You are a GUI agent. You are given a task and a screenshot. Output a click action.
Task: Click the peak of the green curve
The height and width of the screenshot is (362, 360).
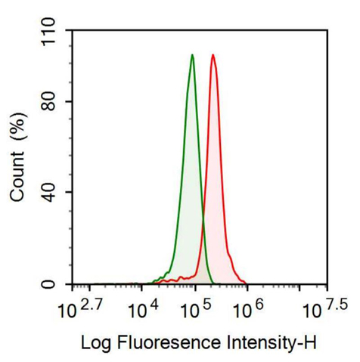(193, 55)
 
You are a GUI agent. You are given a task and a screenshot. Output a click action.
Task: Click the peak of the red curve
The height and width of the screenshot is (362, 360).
(213, 55)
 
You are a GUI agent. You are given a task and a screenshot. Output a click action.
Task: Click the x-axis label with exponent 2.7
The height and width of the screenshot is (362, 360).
(76, 307)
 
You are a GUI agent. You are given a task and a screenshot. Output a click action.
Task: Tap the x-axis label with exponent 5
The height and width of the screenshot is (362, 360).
(195, 307)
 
